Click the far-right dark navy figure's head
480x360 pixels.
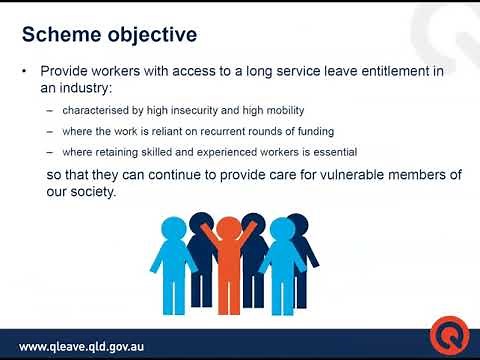[298, 222]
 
